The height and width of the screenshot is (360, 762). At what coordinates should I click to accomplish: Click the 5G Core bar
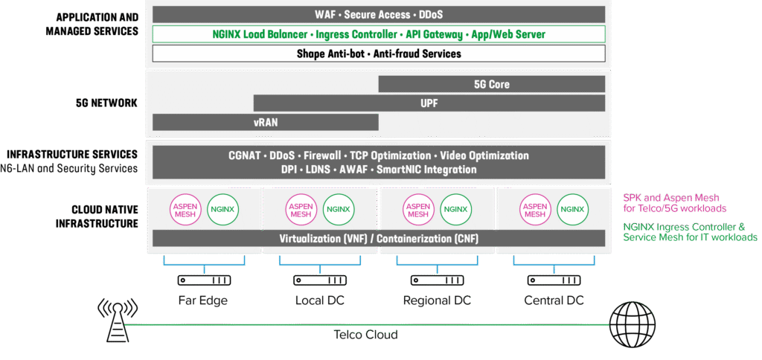[x=492, y=84]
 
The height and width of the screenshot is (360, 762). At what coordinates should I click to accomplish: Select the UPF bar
[x=429, y=103]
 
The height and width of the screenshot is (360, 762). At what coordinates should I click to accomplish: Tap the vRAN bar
[x=266, y=122]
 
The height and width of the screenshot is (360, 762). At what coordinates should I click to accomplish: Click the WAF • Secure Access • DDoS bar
[x=379, y=14]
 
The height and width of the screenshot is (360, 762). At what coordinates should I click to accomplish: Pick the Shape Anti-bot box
[x=379, y=54]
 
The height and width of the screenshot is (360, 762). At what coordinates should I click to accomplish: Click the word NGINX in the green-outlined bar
[x=228, y=34]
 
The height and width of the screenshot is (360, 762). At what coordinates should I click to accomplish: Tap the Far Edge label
[x=203, y=300]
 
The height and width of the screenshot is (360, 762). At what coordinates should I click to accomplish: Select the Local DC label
[x=321, y=300]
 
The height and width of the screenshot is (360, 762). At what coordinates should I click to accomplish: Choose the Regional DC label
[x=437, y=300]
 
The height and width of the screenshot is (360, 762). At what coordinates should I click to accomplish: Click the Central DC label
[x=553, y=300]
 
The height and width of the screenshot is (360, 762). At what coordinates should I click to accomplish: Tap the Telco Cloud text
[x=365, y=335]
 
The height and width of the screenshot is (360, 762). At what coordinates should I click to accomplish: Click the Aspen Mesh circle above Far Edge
[x=185, y=209]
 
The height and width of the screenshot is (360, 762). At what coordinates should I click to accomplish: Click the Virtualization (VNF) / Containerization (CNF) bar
[x=379, y=239]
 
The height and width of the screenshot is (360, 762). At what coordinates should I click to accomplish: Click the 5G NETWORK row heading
[x=108, y=103]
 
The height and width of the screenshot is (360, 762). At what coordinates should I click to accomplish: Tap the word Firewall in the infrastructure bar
[x=322, y=155]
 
